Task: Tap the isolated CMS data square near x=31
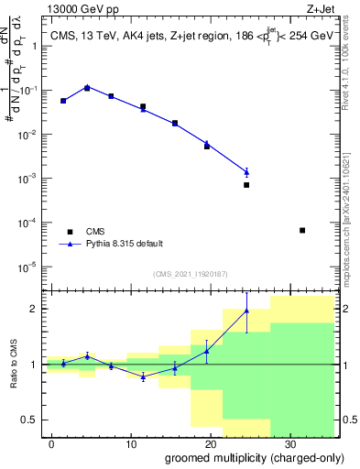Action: point(302,230)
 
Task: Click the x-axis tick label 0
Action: point(52,443)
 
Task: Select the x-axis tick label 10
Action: point(131,443)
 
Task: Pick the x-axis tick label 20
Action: point(210,443)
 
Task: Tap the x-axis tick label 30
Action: point(289,443)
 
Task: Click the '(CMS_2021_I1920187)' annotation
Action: point(190,273)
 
